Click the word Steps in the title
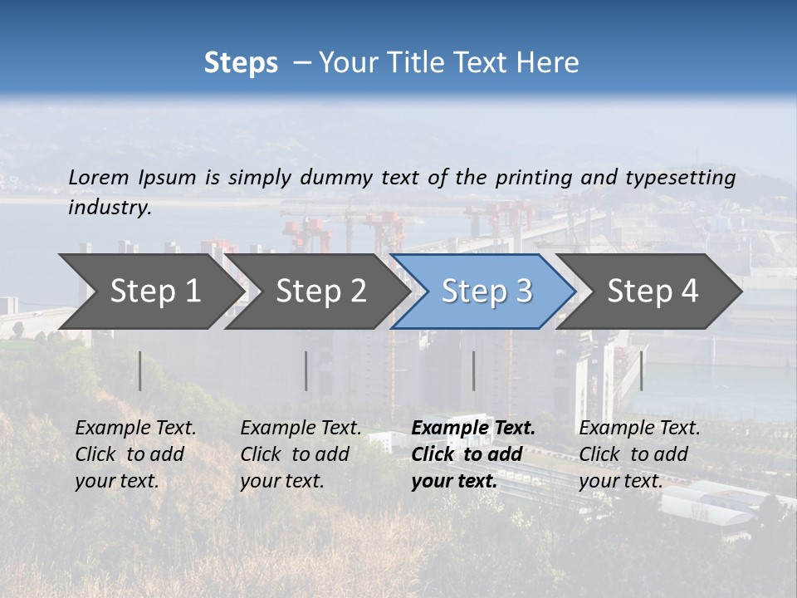click(x=241, y=63)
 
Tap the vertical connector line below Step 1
click(x=140, y=370)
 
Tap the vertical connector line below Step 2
click(x=306, y=370)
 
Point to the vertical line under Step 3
click(x=474, y=370)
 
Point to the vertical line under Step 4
click(x=641, y=370)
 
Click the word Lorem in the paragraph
click(x=98, y=177)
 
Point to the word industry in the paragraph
click(x=110, y=208)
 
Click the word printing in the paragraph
click(x=534, y=177)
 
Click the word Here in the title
click(x=549, y=63)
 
